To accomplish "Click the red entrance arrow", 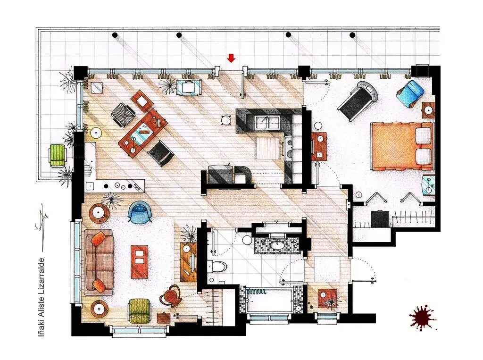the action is click(x=231, y=58).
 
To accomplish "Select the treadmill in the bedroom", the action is click(x=358, y=100).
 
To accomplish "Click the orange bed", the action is click(x=402, y=146).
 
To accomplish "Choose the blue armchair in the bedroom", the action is click(x=411, y=92).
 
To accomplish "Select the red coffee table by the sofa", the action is click(x=139, y=262).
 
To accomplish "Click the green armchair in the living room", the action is click(x=140, y=311).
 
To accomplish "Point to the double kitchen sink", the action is click(x=267, y=122).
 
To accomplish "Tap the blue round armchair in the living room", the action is click(x=140, y=211).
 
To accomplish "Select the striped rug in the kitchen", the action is click(x=267, y=148).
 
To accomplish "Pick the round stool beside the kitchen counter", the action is click(x=226, y=119).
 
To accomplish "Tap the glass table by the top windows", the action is click(x=189, y=87).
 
